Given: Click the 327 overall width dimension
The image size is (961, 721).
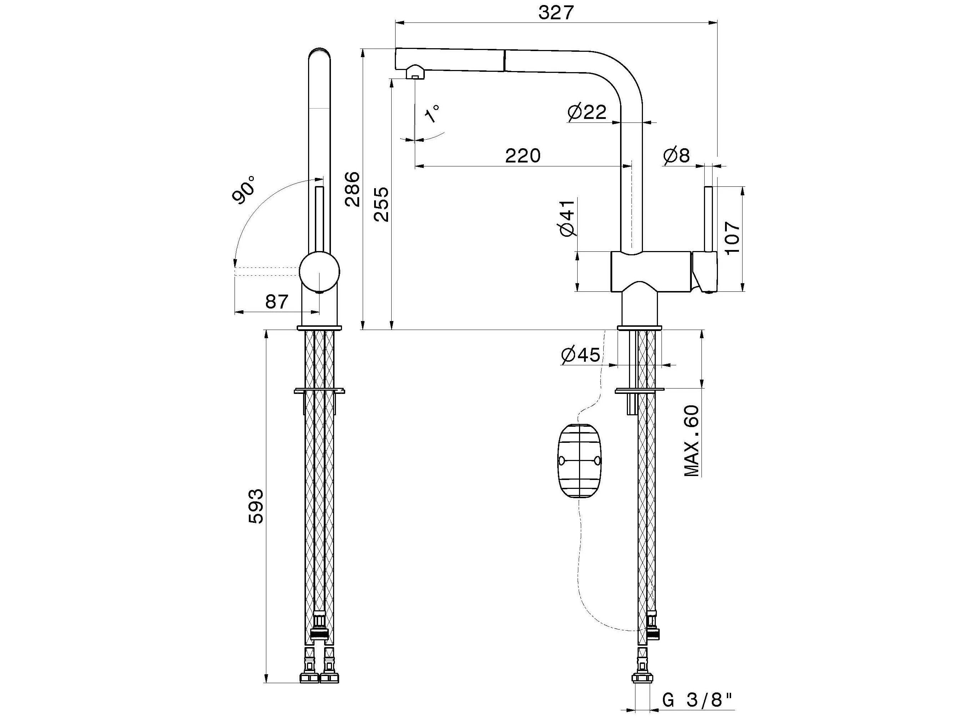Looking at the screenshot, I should click(x=556, y=13).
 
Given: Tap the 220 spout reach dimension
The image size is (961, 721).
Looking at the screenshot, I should click(x=523, y=156).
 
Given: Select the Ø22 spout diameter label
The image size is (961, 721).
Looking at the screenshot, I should click(x=587, y=112).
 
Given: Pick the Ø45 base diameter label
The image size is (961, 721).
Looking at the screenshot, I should click(x=580, y=355).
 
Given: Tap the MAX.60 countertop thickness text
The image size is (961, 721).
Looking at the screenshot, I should click(x=691, y=441).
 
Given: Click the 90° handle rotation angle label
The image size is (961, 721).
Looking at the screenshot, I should click(x=244, y=190).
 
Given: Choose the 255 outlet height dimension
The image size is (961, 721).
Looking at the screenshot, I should click(x=382, y=204).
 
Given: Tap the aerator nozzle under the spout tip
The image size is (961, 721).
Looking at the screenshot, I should click(x=415, y=72).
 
